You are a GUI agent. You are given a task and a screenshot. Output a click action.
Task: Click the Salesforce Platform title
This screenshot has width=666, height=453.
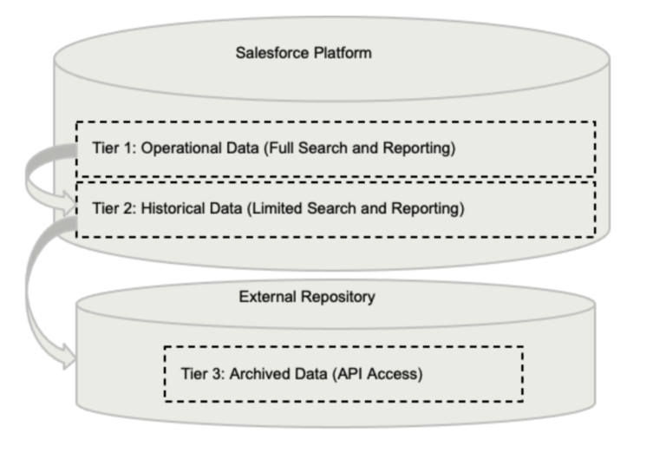coord(304,53)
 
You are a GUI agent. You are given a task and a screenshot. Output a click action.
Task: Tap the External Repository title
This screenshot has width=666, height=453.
coord(307,297)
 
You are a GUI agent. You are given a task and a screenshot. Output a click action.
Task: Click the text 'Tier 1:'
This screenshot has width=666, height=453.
coord(113,148)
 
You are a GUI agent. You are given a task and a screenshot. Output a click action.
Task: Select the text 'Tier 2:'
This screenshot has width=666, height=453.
coord(113,209)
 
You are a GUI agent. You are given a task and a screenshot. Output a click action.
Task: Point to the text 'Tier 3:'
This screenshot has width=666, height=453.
coord(202,374)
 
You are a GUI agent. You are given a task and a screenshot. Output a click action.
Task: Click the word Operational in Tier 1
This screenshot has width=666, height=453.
coord(176,148)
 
